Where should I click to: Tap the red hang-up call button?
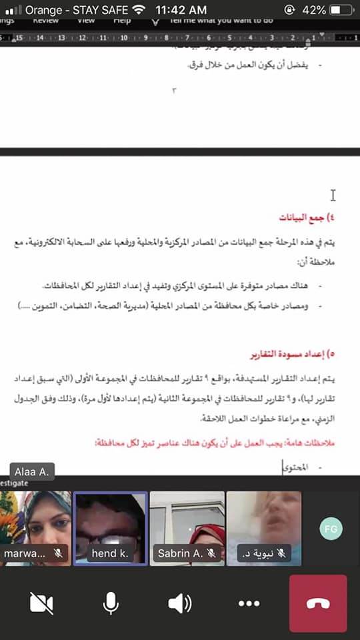tap(317, 603)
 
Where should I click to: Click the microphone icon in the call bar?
tap(111, 603)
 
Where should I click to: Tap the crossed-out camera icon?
tap(41, 603)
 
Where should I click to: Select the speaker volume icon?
tap(179, 603)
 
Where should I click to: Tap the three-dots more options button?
tap(249, 603)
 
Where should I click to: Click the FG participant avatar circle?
tap(330, 528)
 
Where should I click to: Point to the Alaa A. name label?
tap(28, 471)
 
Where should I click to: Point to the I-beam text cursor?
tap(333, 195)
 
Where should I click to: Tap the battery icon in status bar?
tap(342, 10)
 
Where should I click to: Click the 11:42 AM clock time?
tap(181, 10)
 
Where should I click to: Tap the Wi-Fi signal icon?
tap(138, 10)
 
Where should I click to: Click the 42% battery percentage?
tap(313, 10)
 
